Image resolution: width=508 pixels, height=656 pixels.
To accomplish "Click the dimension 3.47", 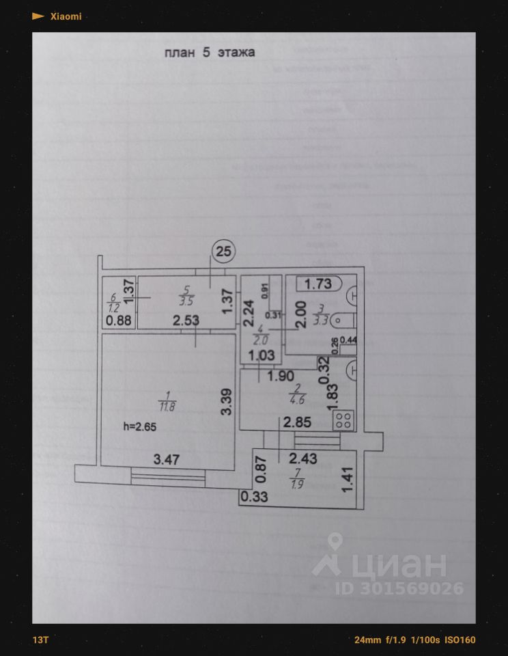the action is click(x=166, y=460).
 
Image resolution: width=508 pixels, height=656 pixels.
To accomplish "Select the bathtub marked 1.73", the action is click(x=318, y=284).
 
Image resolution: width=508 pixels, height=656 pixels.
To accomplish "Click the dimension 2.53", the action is click(x=186, y=320).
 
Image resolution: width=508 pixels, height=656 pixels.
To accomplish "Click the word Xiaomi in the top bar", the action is click(x=66, y=16).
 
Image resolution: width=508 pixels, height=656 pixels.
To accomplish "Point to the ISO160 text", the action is click(x=460, y=640).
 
